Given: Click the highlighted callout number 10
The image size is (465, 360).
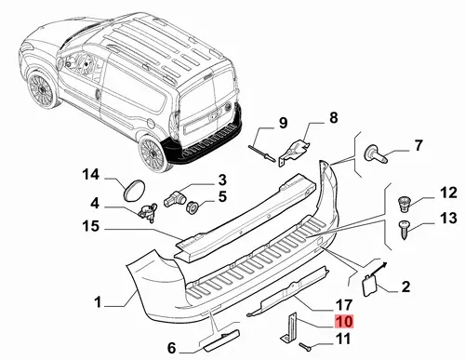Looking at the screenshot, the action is coord(344,322).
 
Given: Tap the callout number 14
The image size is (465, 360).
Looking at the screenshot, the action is coord(90,175).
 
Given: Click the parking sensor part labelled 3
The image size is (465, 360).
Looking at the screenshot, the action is coord(173,198).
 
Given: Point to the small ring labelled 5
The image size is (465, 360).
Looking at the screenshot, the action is coord(193,207).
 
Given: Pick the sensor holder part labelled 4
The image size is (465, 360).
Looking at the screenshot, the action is coord(147,212).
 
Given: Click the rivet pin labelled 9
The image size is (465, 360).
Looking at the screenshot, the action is coord(262,153).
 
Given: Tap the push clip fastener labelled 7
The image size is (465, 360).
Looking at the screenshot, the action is coord(376,154).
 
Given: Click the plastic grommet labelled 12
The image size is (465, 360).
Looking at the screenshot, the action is coord(405,204).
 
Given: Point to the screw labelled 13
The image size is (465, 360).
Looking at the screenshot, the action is coord(405,230).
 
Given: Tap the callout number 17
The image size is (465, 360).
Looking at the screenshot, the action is coord(344,305).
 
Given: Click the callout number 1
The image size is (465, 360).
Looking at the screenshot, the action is coord(98,301).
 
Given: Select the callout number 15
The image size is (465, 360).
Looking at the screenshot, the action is coord(90,226).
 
